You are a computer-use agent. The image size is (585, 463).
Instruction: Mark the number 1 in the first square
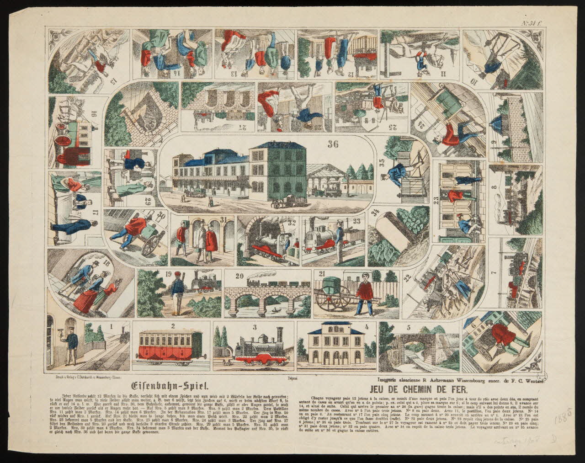[x=111, y=326]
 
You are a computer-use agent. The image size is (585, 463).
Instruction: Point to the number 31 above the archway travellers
[x=223, y=219]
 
